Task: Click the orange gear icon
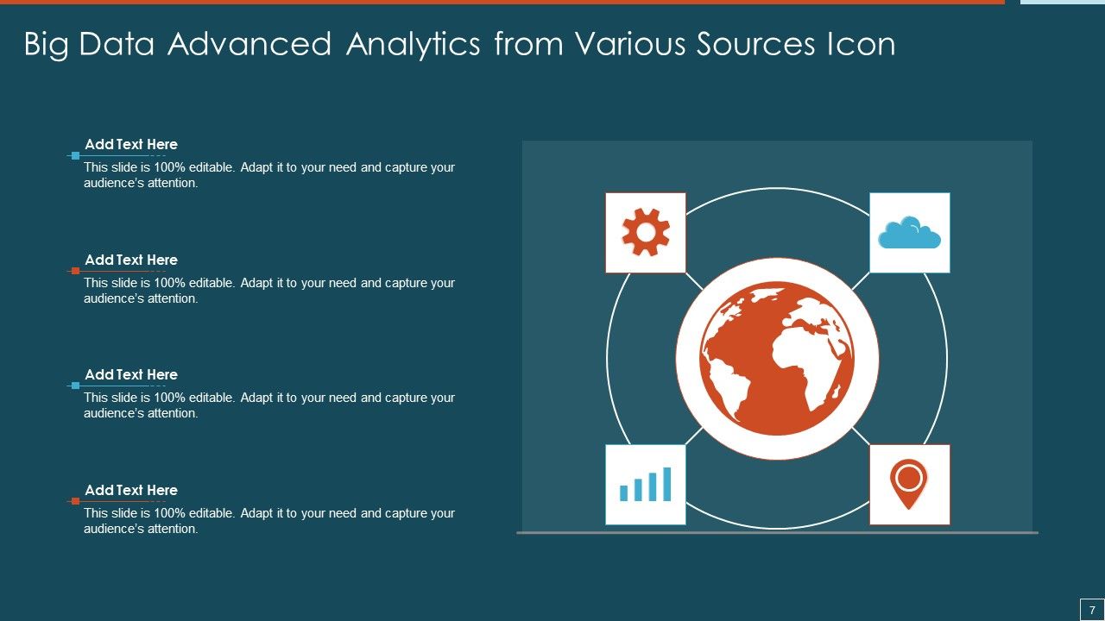pyautogui.click(x=646, y=233)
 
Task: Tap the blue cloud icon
pyautogui.click(x=909, y=234)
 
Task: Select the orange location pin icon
pyautogui.click(x=909, y=484)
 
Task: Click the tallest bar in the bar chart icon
pyautogui.click(x=666, y=484)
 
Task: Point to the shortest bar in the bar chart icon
pyautogui.click(x=624, y=492)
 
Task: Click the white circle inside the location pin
pyautogui.click(x=909, y=476)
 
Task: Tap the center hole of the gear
pyautogui.click(x=646, y=233)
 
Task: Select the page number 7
pyautogui.click(x=1092, y=609)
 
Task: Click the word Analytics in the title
pyautogui.click(x=413, y=44)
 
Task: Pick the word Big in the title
pyautogui.click(x=47, y=44)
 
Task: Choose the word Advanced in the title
pyautogui.click(x=249, y=44)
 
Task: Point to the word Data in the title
pyautogui.click(x=117, y=44)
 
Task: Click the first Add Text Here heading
pyautogui.click(x=131, y=145)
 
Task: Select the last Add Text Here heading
pyautogui.click(x=131, y=491)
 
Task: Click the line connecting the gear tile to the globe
pyautogui.click(x=695, y=282)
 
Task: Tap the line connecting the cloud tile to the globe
pyautogui.click(x=860, y=282)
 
